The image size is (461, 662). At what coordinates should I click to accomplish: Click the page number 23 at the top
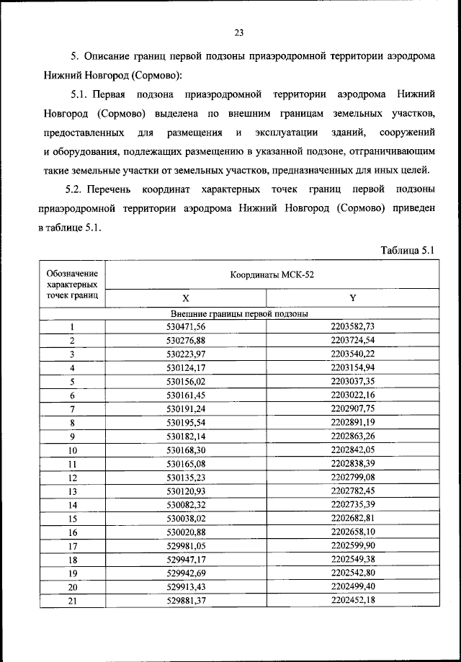pyautogui.click(x=240, y=32)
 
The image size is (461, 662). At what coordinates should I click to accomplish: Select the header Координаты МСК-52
pyautogui.click(x=272, y=274)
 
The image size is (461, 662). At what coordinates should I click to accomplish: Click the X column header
pyautogui.click(x=185, y=298)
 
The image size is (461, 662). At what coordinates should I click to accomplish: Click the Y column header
pyautogui.click(x=353, y=298)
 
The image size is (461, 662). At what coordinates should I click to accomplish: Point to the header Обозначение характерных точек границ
pyautogui.click(x=72, y=284)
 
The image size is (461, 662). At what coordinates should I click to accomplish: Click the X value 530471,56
pyautogui.click(x=186, y=326)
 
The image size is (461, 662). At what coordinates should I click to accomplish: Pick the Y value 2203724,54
pyautogui.click(x=353, y=340)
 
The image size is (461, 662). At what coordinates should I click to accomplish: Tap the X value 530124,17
pyautogui.click(x=186, y=368)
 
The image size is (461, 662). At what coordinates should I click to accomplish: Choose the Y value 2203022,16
pyautogui.click(x=353, y=395)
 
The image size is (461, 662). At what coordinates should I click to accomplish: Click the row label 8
pyautogui.click(x=73, y=423)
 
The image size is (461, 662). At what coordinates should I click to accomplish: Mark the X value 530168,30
pyautogui.click(x=186, y=450)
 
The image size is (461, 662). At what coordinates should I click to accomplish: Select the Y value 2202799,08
pyautogui.click(x=353, y=477)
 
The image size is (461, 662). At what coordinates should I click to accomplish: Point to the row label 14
pyautogui.click(x=73, y=505)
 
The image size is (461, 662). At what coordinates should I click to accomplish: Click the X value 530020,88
pyautogui.click(x=186, y=532)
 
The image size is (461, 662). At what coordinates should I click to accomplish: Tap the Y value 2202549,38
pyautogui.click(x=353, y=559)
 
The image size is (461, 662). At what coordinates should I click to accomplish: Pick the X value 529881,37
pyautogui.click(x=186, y=600)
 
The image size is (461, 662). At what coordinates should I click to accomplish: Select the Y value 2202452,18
pyautogui.click(x=353, y=600)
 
